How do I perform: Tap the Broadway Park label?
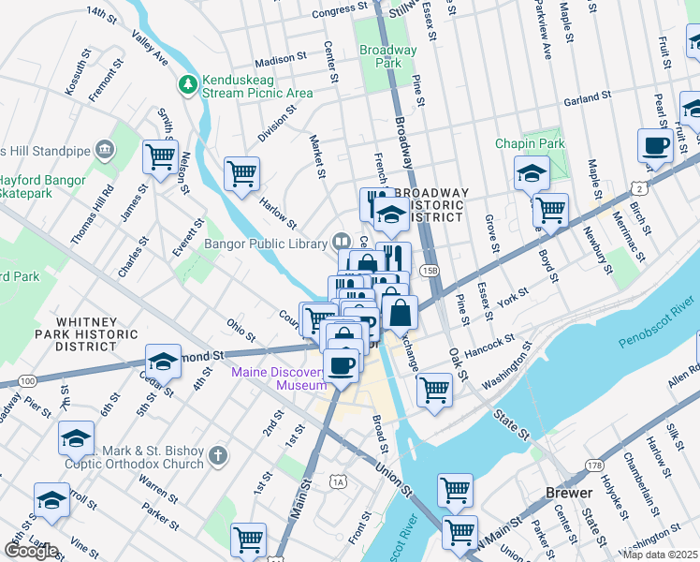(x=388, y=56)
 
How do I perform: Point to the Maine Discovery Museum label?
(x=280, y=378)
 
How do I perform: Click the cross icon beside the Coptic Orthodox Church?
(x=217, y=456)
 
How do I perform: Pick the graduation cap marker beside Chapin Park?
(x=532, y=173)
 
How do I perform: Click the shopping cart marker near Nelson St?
(x=160, y=155)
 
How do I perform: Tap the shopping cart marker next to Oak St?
(x=434, y=388)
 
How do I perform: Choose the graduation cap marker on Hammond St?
(x=163, y=362)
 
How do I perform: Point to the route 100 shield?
(x=27, y=381)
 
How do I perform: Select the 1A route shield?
(x=338, y=481)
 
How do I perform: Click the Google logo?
(x=31, y=551)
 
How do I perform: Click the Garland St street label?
(x=587, y=96)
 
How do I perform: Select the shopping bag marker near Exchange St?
(x=400, y=312)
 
